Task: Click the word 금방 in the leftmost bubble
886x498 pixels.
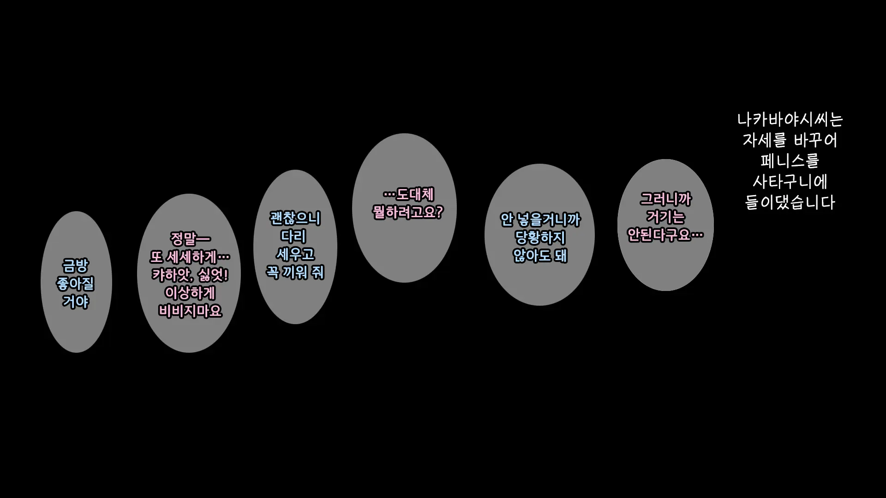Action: (x=75, y=266)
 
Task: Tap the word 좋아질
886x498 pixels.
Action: (x=75, y=284)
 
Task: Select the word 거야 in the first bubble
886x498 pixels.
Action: (x=75, y=302)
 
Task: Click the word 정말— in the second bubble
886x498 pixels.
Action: (x=190, y=239)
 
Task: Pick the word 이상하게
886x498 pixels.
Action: (x=190, y=293)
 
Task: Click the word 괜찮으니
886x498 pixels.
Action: (x=295, y=218)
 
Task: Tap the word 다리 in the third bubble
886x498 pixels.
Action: (x=294, y=236)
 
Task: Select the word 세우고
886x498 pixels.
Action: (x=295, y=254)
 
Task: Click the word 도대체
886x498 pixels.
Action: (x=415, y=195)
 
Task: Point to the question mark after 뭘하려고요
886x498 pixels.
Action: (x=439, y=212)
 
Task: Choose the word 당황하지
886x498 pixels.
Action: (x=540, y=238)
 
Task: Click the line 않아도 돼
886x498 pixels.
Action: (x=540, y=256)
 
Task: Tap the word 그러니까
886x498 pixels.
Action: (x=665, y=199)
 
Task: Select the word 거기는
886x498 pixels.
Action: (x=665, y=217)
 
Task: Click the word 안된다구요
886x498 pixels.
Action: (x=659, y=235)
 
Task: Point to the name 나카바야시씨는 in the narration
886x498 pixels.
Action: (x=790, y=120)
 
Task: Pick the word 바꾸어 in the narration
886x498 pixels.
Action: (x=815, y=140)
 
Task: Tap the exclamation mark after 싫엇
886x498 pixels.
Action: (x=225, y=275)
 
